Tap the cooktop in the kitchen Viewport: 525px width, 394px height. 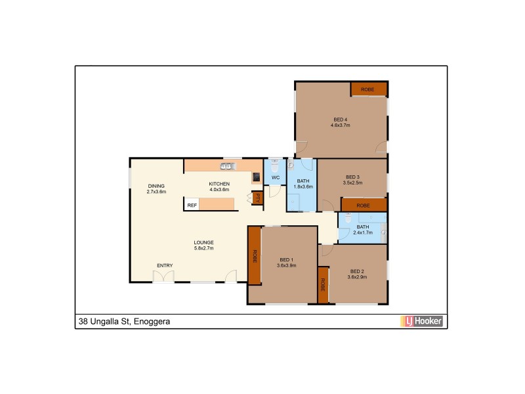(256, 177)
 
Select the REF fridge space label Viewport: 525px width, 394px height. (192, 206)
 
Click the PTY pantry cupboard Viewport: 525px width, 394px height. (258, 197)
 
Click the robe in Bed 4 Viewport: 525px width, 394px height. (368, 89)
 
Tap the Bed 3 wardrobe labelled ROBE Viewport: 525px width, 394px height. (364, 206)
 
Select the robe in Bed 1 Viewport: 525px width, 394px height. (254, 255)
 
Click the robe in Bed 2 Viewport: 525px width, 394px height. (323, 285)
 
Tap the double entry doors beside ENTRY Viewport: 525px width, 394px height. (164, 277)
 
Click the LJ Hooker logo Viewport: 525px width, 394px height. (422, 321)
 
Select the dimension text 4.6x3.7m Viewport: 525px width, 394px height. (340, 125)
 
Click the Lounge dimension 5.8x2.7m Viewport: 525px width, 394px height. (203, 248)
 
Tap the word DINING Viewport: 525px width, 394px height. (156, 186)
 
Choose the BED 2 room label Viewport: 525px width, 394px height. (357, 271)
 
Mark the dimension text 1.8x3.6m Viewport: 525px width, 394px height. (303, 186)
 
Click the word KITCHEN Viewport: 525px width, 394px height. (219, 183)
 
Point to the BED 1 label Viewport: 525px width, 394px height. (287, 259)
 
